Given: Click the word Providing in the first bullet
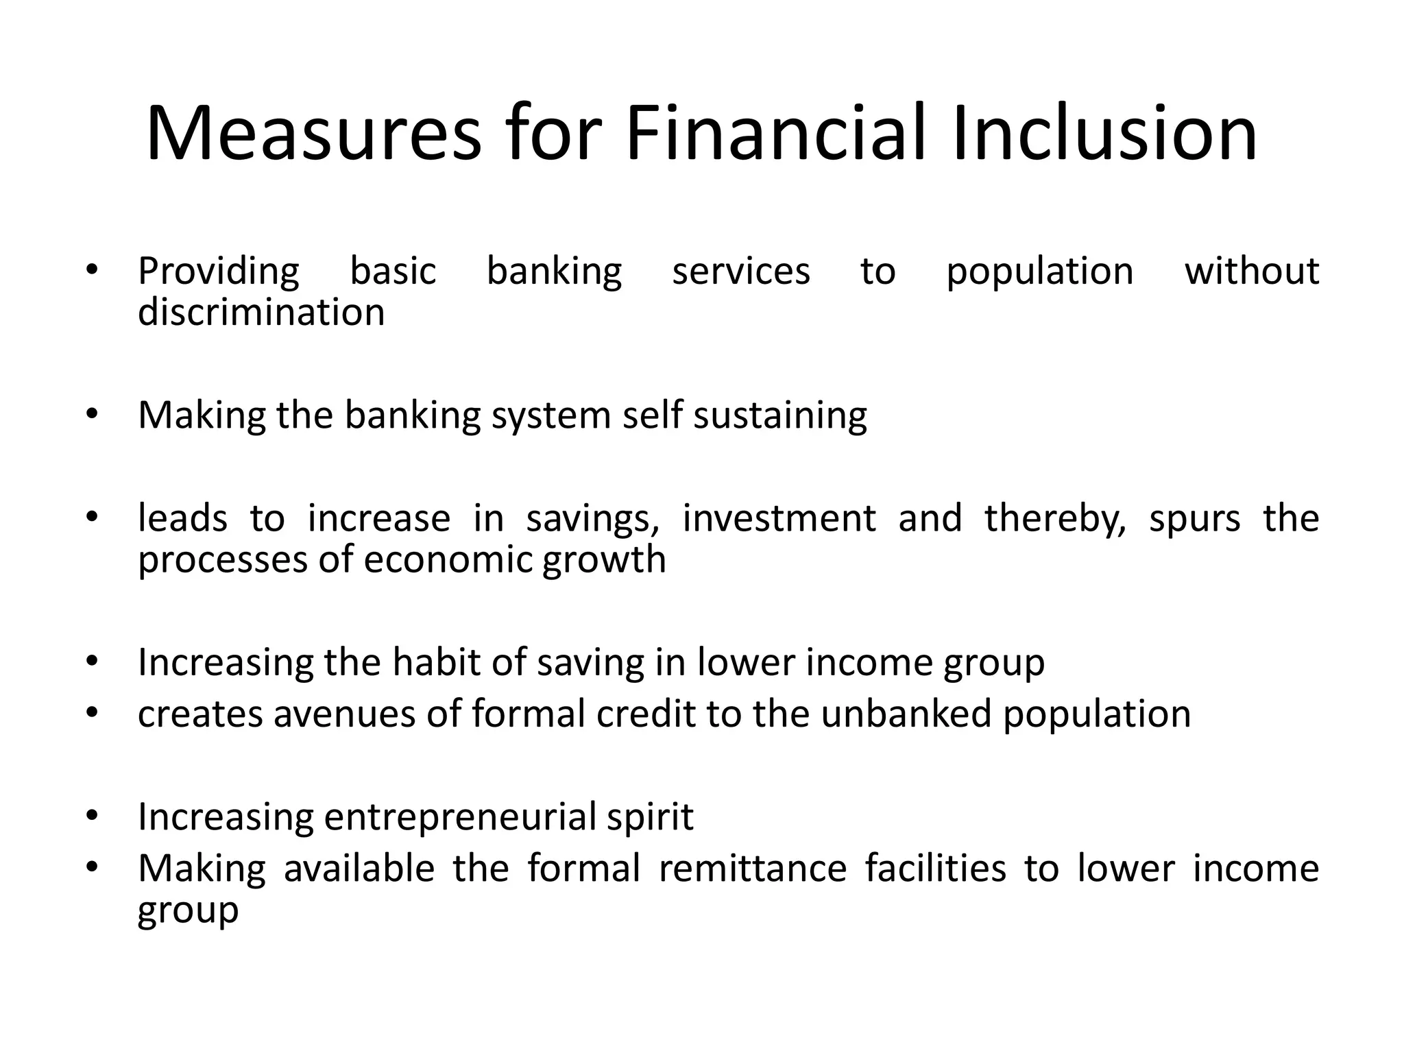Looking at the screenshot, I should coord(219,271).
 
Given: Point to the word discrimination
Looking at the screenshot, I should coord(261,313).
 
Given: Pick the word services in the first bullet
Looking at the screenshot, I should coord(741,271).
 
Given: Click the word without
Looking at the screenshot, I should coord(1252,271).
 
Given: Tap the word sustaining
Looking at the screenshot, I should coord(780,416).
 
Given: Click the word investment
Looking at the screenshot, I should coord(779,518).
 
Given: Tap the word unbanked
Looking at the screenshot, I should coord(906,714).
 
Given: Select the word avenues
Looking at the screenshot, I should coord(344,714).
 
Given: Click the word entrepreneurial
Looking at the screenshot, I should coord(459,817).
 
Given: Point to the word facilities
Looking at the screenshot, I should coord(935,868).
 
